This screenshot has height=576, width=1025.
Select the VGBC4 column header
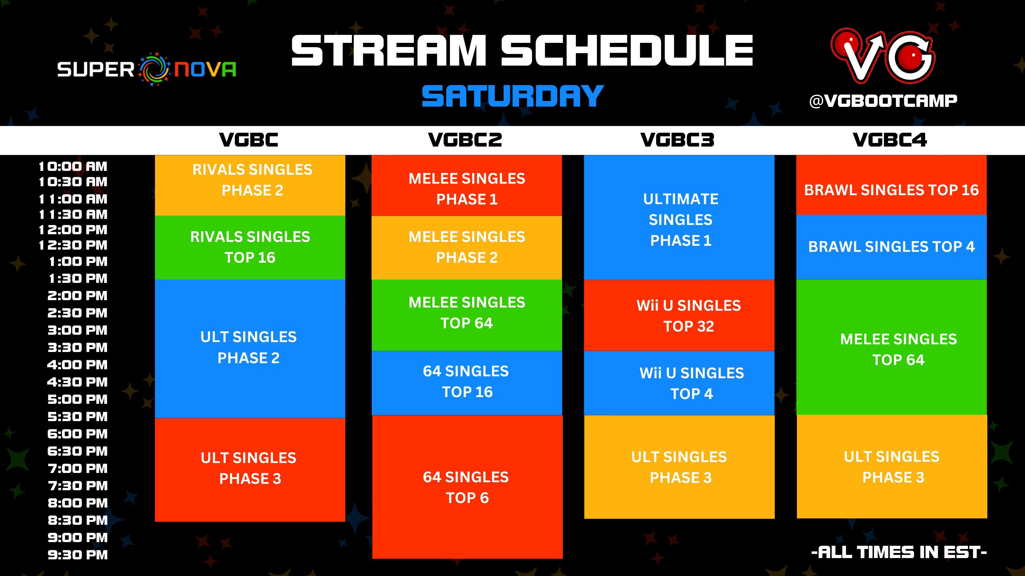890,140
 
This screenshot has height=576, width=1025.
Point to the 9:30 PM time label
78,555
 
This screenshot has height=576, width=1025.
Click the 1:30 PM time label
78,278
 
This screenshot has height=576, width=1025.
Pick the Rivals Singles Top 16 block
250,247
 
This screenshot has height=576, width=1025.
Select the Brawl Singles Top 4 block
891,247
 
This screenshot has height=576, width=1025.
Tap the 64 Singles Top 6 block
467,487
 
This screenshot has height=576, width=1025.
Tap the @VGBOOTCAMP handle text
883,101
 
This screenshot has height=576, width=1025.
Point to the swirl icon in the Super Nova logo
154,69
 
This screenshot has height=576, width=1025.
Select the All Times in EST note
899,552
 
